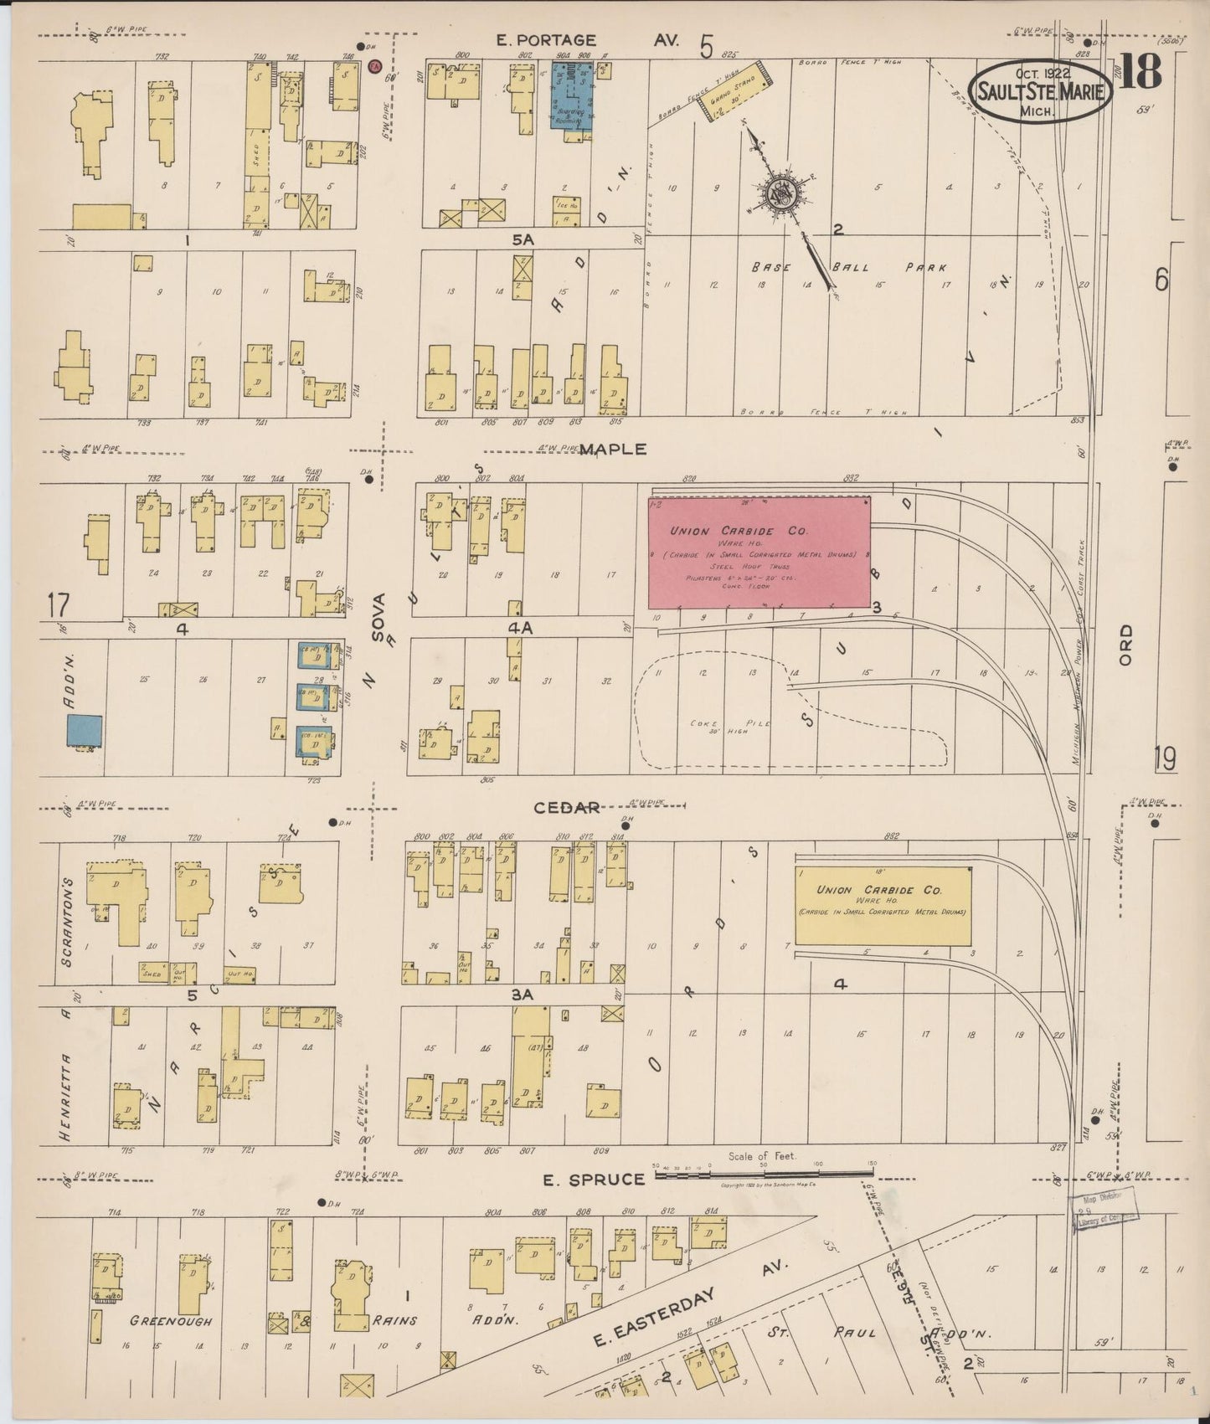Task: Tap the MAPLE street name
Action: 613,449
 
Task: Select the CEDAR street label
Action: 568,807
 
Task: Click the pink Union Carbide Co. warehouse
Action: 759,553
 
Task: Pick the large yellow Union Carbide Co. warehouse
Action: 883,906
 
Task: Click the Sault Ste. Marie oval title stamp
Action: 1041,90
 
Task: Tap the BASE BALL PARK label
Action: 848,268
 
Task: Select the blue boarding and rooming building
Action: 572,97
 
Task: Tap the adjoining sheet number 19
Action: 1163,758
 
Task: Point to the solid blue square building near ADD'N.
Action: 85,731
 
